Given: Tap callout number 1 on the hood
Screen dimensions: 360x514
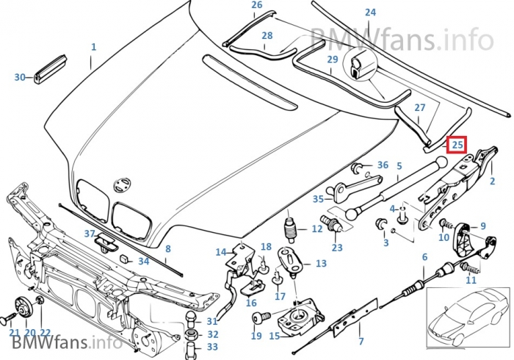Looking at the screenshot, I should [x=93, y=47].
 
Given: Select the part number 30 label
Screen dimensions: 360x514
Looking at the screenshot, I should [x=20, y=76].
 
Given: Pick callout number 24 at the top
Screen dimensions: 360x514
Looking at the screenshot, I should [x=370, y=12].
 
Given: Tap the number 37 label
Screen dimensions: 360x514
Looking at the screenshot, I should [x=90, y=234].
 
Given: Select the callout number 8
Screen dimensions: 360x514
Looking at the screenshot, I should [x=167, y=249].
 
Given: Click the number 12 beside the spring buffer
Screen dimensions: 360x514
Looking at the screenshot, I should [x=316, y=229].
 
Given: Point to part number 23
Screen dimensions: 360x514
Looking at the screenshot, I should [x=337, y=248].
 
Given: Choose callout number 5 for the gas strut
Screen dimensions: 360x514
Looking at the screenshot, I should [x=399, y=166].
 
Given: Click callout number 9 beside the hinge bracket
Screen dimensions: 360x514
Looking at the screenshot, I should [x=482, y=226].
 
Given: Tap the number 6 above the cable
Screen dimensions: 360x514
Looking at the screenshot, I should [x=424, y=256].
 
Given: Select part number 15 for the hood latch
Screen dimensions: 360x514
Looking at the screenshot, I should [x=275, y=336].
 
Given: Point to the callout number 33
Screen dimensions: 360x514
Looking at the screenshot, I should [x=212, y=346].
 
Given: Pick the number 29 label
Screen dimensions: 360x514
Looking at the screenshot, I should [x=333, y=60].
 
